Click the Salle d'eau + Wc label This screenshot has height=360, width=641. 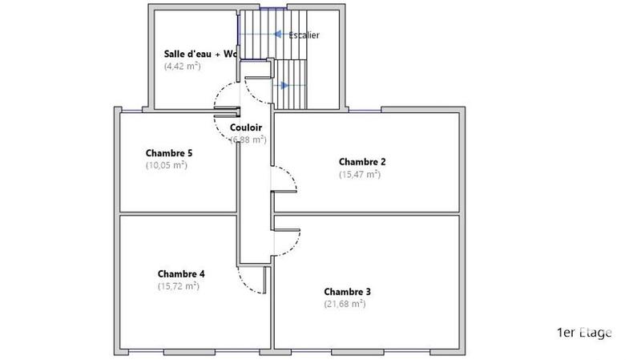coord(201,54)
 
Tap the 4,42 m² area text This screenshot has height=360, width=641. coord(182,67)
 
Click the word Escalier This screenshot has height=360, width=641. coord(304,35)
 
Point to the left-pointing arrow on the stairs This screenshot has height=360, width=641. coord(278,34)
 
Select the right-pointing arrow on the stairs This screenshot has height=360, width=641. coord(285,83)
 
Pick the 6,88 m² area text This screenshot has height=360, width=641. coord(248,140)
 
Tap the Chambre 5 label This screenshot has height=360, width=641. coord(169,152)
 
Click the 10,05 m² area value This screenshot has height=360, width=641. coord(166,165)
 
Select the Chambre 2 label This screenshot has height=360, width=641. coord(362,161)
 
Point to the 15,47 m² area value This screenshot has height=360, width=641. coord(360,174)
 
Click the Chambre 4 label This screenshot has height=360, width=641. coord(181,273)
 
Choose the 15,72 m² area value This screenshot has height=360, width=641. coord(179,285)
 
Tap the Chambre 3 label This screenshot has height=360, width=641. coord(347,291)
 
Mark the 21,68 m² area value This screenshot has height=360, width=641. coord(345,304)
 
